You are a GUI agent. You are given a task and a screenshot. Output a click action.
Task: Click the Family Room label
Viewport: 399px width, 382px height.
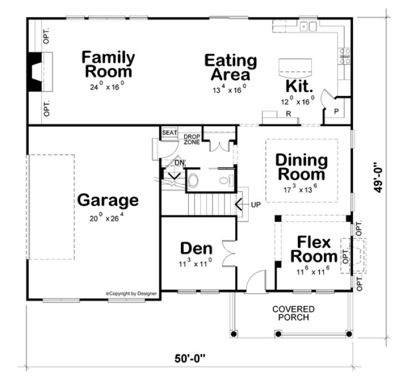[108, 64]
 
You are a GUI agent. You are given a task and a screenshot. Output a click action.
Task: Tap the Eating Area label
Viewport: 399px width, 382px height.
[230, 67]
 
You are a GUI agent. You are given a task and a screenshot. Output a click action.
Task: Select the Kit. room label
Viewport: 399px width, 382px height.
[299, 87]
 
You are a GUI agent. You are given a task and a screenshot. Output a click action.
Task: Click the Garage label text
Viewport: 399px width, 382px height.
[108, 201]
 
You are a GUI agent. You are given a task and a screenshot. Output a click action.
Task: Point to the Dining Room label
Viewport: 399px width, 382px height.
[301, 167]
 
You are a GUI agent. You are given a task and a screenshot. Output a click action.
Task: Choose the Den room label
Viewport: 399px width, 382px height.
[196, 249]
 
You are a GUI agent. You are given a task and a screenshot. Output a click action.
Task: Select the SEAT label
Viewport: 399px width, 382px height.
[169, 133]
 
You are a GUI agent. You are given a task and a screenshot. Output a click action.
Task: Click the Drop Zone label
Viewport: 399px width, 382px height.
[192, 139]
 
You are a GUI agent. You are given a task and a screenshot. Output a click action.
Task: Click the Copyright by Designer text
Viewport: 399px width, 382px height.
[131, 293]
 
